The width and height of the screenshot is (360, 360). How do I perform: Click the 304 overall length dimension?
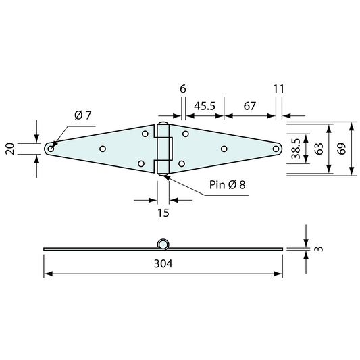pos(163,264)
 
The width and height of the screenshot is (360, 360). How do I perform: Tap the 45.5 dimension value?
pos(205,106)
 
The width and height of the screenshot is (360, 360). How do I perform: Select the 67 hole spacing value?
pos(249,106)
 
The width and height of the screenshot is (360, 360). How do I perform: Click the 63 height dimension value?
pos(319,149)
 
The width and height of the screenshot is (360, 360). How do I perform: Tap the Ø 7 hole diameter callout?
pos(83,115)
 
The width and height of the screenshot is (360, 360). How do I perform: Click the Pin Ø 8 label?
pos(228,185)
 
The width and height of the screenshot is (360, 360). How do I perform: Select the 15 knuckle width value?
pos(163,213)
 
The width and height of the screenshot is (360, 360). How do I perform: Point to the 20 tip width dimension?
pos(10,149)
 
